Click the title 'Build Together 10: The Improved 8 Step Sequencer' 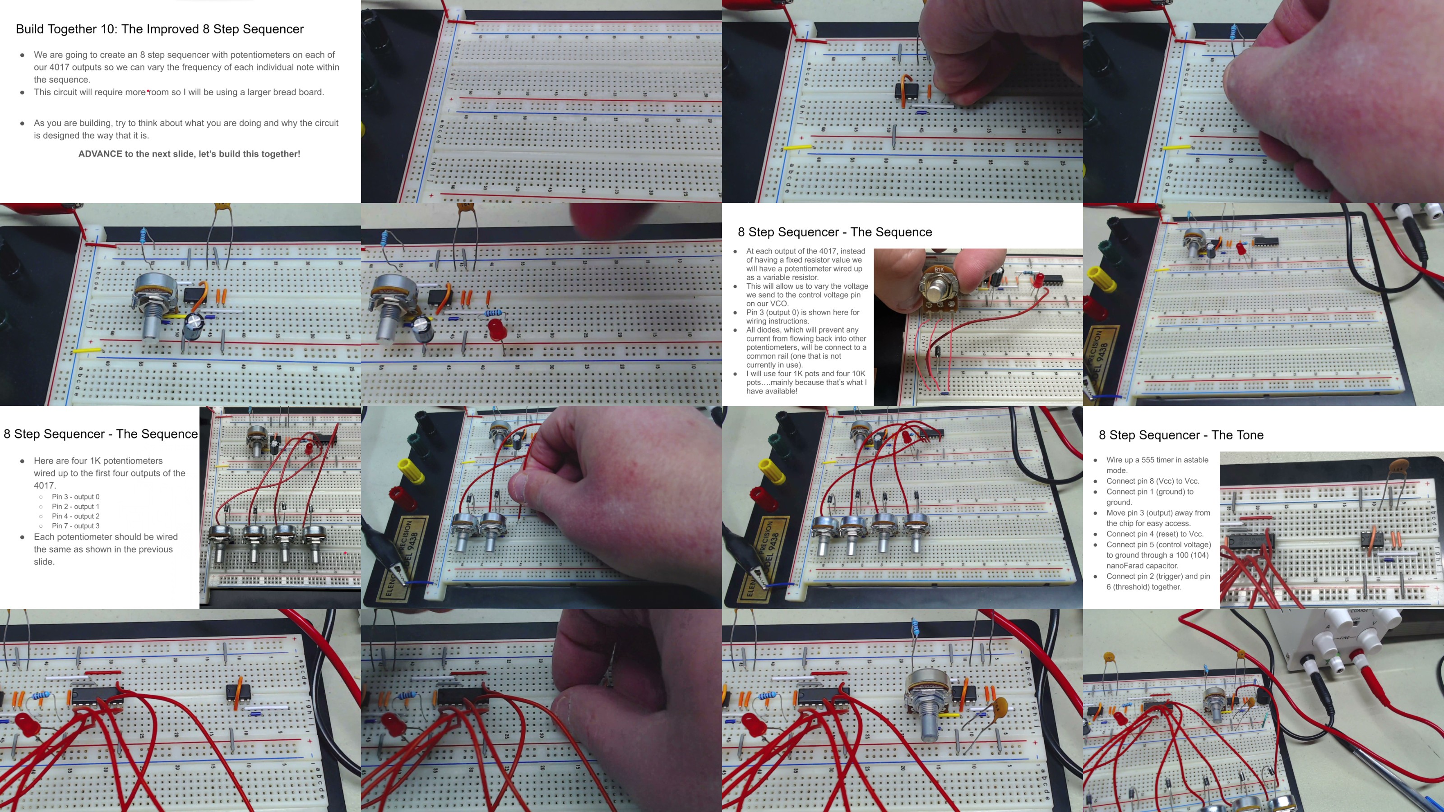click(160, 29)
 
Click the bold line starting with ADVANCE click(189, 154)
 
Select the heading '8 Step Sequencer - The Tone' click(1180, 435)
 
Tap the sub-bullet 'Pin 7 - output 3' click(76, 526)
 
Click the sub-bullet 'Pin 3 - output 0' click(76, 497)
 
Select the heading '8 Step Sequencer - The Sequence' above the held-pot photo click(835, 232)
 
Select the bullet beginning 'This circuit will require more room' click(179, 92)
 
